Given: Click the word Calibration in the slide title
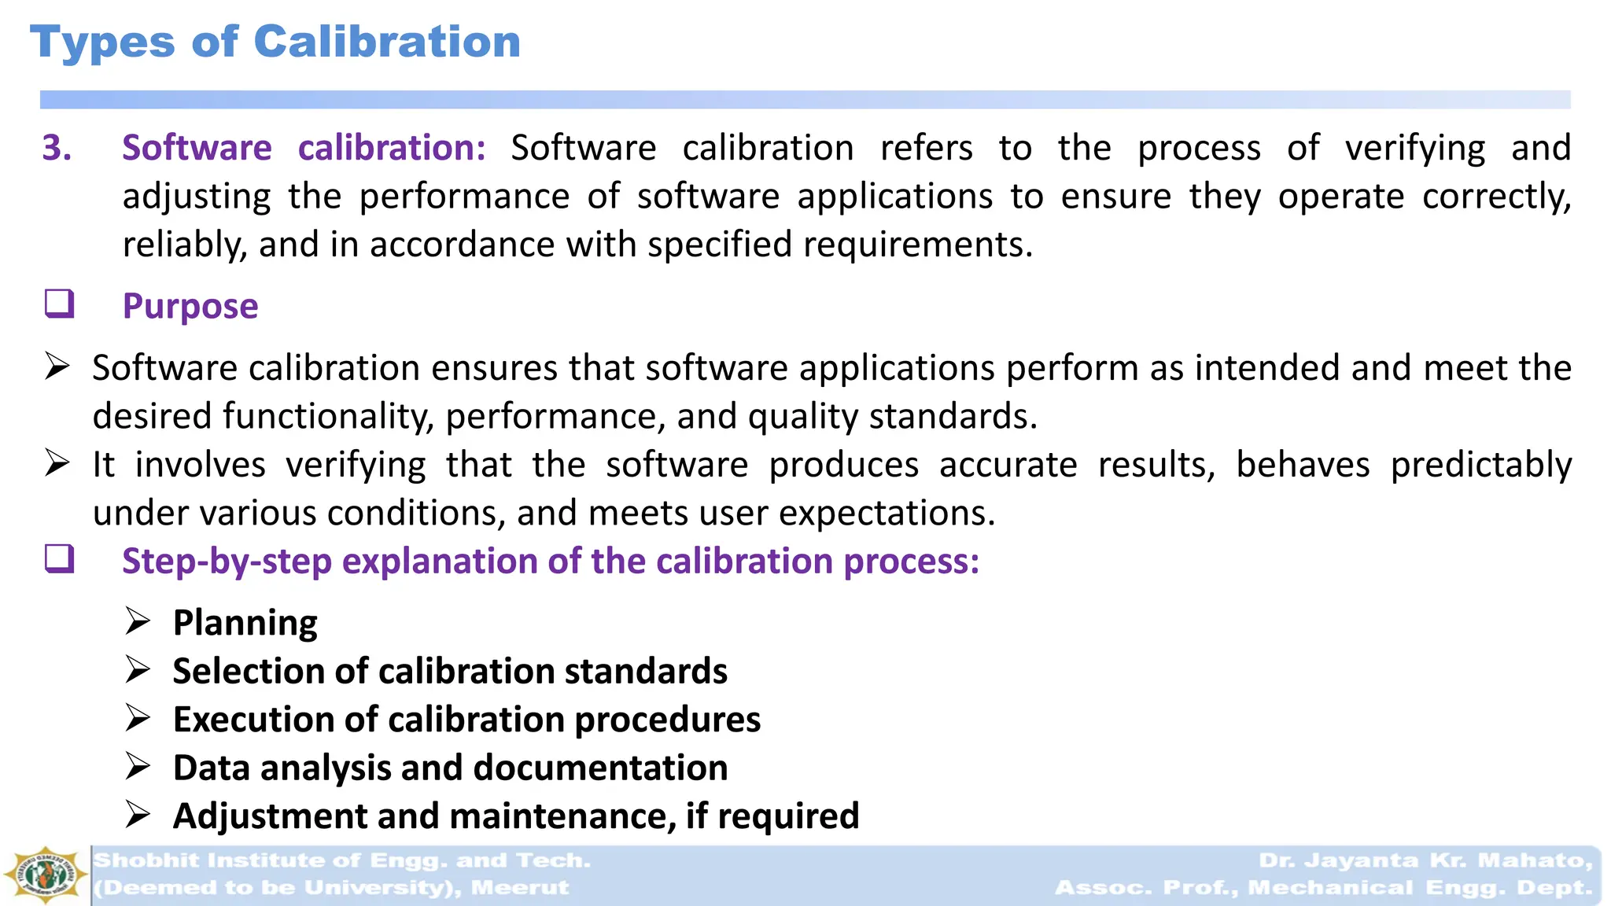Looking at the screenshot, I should tap(387, 42).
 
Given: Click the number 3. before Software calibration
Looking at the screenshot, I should tap(57, 148).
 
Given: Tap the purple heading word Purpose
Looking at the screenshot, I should tap(190, 306).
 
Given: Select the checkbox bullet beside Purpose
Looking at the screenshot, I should tap(59, 303).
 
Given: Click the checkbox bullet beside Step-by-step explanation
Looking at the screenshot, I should tap(59, 558).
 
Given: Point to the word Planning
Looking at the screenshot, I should tap(245, 623).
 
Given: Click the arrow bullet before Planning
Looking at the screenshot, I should tap(138, 621).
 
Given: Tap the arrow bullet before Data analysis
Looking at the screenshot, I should tap(138, 767).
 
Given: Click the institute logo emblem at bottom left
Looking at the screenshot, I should tap(45, 875).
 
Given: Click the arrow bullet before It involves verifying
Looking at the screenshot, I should tap(57, 462).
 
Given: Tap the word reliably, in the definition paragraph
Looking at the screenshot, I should tap(185, 245).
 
